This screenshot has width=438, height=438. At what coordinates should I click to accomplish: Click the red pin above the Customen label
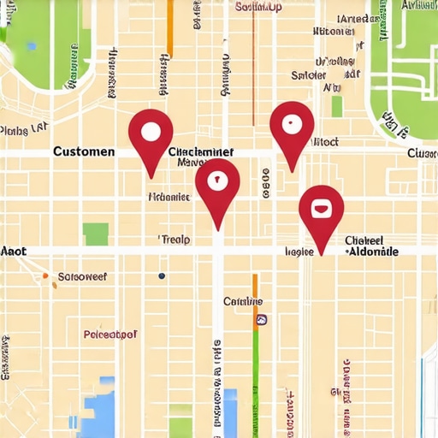click(x=151, y=132)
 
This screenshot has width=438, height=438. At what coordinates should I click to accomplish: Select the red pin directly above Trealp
click(x=217, y=181)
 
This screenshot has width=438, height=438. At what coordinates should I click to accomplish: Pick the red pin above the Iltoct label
click(x=292, y=124)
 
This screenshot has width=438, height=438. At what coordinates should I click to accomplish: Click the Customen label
click(x=84, y=151)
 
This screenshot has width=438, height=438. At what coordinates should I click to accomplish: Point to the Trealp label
click(x=175, y=240)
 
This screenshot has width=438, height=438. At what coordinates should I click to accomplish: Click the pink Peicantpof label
click(x=111, y=334)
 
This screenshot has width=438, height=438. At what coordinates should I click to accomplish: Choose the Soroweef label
click(x=81, y=277)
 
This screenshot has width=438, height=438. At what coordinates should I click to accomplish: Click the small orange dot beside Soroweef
click(x=44, y=276)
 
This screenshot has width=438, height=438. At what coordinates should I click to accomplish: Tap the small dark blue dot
click(x=161, y=276)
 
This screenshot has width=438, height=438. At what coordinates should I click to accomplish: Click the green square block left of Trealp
click(x=96, y=234)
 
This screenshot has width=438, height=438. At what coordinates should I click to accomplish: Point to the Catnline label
click(x=243, y=302)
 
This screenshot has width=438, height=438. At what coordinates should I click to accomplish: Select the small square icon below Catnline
click(x=259, y=320)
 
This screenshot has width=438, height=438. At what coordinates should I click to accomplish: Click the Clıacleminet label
click(x=202, y=151)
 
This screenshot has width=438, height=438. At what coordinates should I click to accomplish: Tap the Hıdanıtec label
click(x=169, y=196)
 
